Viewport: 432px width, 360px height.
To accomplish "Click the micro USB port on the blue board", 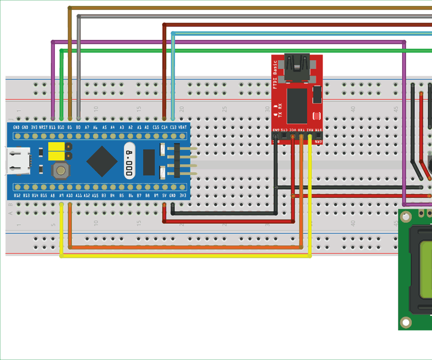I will click(x=18, y=161).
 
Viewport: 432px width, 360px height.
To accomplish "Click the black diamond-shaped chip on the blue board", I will click(x=102, y=161).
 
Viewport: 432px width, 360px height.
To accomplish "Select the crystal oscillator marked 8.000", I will click(x=129, y=161).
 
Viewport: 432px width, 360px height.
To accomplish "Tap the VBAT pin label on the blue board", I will click(x=183, y=128).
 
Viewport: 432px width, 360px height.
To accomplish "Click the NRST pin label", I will click(x=43, y=128).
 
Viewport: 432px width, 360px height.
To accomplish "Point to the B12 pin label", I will click(x=17, y=196).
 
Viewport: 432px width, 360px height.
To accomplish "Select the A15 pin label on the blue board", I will click(x=95, y=196).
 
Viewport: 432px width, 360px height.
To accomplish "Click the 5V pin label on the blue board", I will click(x=164, y=196).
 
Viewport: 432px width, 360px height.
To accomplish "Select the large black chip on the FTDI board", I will click(x=297, y=106).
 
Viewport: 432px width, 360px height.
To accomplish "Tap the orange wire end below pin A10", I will click(x=70, y=205).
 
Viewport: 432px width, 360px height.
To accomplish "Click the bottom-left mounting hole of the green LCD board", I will click(x=406, y=322).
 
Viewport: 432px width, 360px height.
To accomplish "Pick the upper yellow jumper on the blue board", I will click(x=57, y=147).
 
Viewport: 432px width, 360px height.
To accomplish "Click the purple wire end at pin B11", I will click(x=53, y=117).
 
